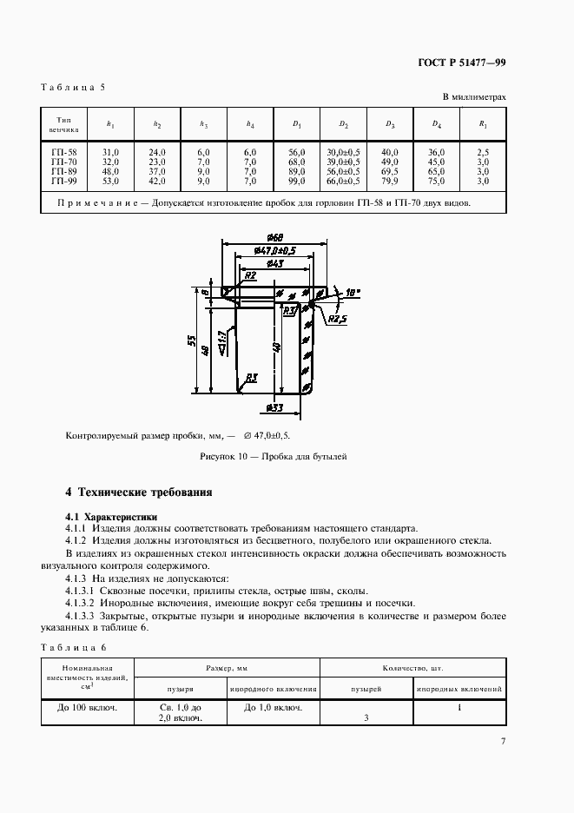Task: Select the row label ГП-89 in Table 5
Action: [64, 172]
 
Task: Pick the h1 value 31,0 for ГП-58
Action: [110, 152]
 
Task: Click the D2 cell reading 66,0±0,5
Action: [343, 182]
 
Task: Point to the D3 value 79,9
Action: [390, 182]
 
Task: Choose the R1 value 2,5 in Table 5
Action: [483, 152]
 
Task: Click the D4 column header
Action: [437, 124]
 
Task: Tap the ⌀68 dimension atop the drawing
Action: [276, 238]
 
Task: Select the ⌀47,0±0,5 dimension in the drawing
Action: [275, 250]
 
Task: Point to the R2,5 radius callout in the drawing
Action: [337, 320]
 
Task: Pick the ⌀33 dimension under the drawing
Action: [274, 406]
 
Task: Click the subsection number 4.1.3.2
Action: [80, 603]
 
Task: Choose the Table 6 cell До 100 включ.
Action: [88, 707]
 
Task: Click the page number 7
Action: [503, 741]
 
